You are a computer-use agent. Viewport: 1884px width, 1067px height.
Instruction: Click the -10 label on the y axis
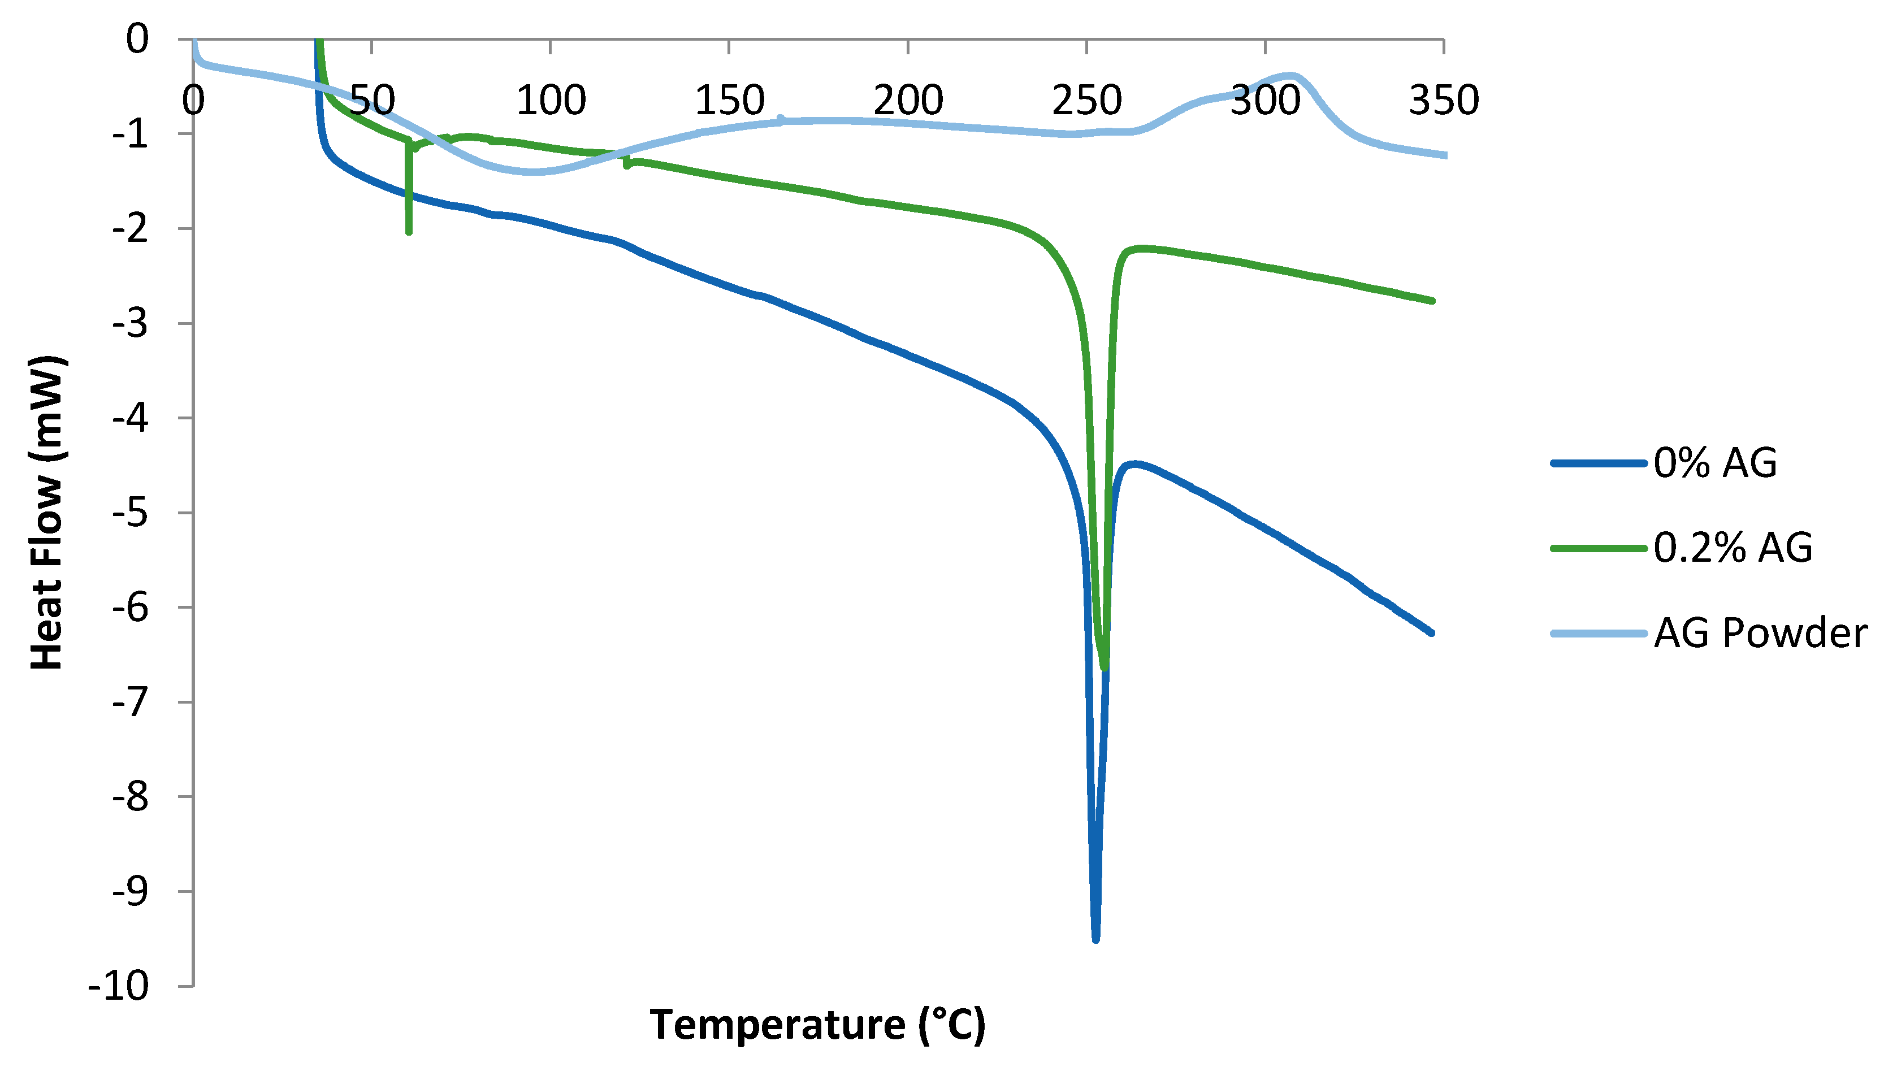point(119,986)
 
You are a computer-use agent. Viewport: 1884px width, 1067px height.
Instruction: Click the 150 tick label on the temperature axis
point(729,101)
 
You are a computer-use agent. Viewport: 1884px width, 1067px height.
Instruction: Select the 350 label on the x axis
point(1444,101)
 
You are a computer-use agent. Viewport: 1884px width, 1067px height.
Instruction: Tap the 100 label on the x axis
point(551,101)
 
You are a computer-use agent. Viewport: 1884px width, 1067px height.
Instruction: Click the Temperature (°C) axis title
point(817,1025)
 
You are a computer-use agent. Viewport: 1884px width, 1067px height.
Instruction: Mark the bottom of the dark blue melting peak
point(1095,939)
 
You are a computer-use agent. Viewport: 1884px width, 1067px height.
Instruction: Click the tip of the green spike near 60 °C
point(409,232)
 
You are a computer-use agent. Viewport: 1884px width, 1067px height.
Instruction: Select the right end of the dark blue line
point(1431,632)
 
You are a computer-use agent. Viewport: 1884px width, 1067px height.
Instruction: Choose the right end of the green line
point(1432,301)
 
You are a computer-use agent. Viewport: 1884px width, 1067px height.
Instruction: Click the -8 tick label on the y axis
point(131,797)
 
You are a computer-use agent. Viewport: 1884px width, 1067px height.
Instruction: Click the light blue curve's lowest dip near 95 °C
point(532,171)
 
